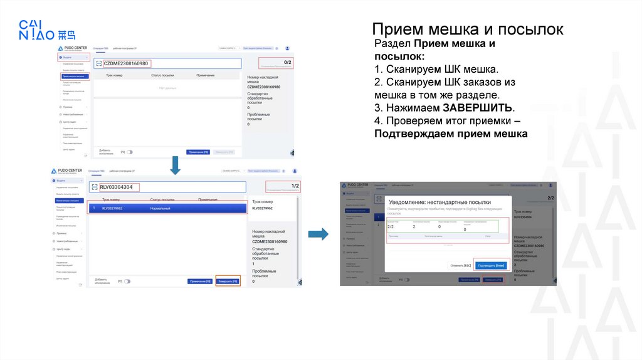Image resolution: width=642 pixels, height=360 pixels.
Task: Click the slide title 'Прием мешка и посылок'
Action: point(467,29)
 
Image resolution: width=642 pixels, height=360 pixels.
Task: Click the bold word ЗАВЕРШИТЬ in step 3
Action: point(478,107)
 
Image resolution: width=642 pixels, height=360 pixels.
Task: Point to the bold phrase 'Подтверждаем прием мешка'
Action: point(451,134)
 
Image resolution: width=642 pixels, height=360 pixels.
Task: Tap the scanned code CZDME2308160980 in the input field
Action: point(126,63)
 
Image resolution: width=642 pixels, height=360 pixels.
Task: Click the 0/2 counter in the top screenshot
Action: point(287,62)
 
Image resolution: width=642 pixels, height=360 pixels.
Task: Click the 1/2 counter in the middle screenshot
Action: point(295,186)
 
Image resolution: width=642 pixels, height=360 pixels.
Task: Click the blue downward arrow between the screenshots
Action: point(176,166)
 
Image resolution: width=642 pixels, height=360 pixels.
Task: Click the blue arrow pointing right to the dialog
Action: point(319,234)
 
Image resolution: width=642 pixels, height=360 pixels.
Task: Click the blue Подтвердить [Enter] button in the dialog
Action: point(491,265)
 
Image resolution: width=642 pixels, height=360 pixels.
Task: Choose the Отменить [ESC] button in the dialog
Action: point(460,265)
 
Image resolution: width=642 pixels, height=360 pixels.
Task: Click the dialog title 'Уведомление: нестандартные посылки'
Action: point(439,203)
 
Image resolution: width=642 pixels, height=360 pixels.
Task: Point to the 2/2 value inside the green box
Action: point(391,227)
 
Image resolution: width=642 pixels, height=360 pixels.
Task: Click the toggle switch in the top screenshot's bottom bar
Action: point(129,152)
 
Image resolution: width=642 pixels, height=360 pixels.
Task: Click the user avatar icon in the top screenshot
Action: point(287,48)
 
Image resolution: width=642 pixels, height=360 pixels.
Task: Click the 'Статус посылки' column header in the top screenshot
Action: point(165,75)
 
